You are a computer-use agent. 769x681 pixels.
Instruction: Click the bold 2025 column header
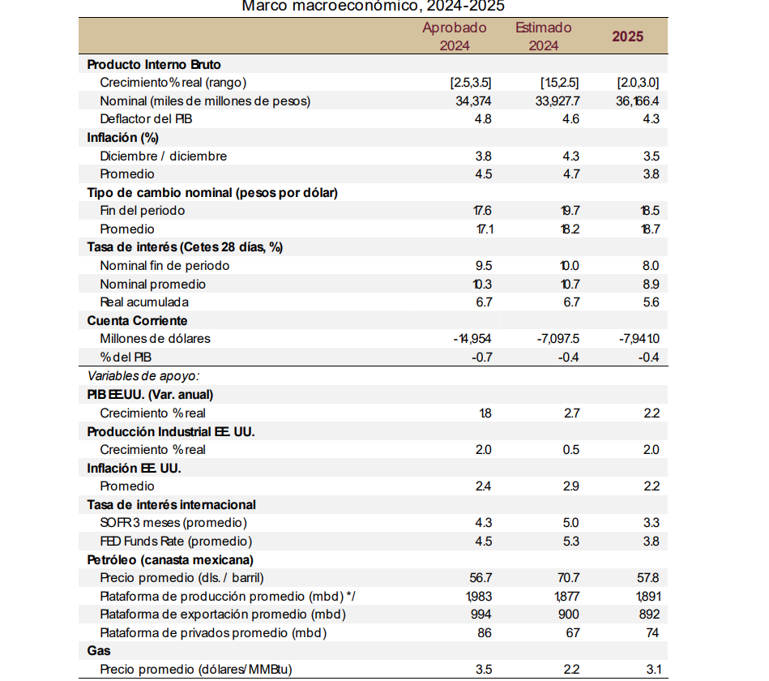pos(627,36)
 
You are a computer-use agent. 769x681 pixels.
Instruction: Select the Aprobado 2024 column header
pos(455,36)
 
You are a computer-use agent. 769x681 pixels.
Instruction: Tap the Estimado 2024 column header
pos(544,36)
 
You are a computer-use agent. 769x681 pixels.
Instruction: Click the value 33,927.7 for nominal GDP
pos(558,101)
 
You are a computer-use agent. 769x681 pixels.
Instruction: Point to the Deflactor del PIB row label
pos(146,119)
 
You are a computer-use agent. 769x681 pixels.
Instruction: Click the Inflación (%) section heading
pos(122,137)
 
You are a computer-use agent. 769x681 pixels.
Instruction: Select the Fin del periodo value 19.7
pos(570,211)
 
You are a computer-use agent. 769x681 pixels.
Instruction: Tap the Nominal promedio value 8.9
pos(651,285)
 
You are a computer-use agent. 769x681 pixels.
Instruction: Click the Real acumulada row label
pos(144,302)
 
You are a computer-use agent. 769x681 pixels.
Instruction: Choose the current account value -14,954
pos(472,339)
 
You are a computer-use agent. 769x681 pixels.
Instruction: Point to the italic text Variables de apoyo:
pos(143,376)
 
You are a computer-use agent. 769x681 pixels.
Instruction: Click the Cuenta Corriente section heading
pos(137,321)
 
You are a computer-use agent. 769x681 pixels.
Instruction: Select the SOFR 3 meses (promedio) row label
pos(173,523)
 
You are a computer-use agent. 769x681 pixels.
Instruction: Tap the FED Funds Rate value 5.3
pos(570,542)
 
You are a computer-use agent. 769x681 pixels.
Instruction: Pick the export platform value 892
pos(649,615)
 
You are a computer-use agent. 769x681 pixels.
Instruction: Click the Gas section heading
pos(99,651)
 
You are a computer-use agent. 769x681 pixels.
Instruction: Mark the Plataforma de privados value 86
pos(485,633)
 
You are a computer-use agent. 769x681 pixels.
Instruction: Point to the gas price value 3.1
pos(654,670)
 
